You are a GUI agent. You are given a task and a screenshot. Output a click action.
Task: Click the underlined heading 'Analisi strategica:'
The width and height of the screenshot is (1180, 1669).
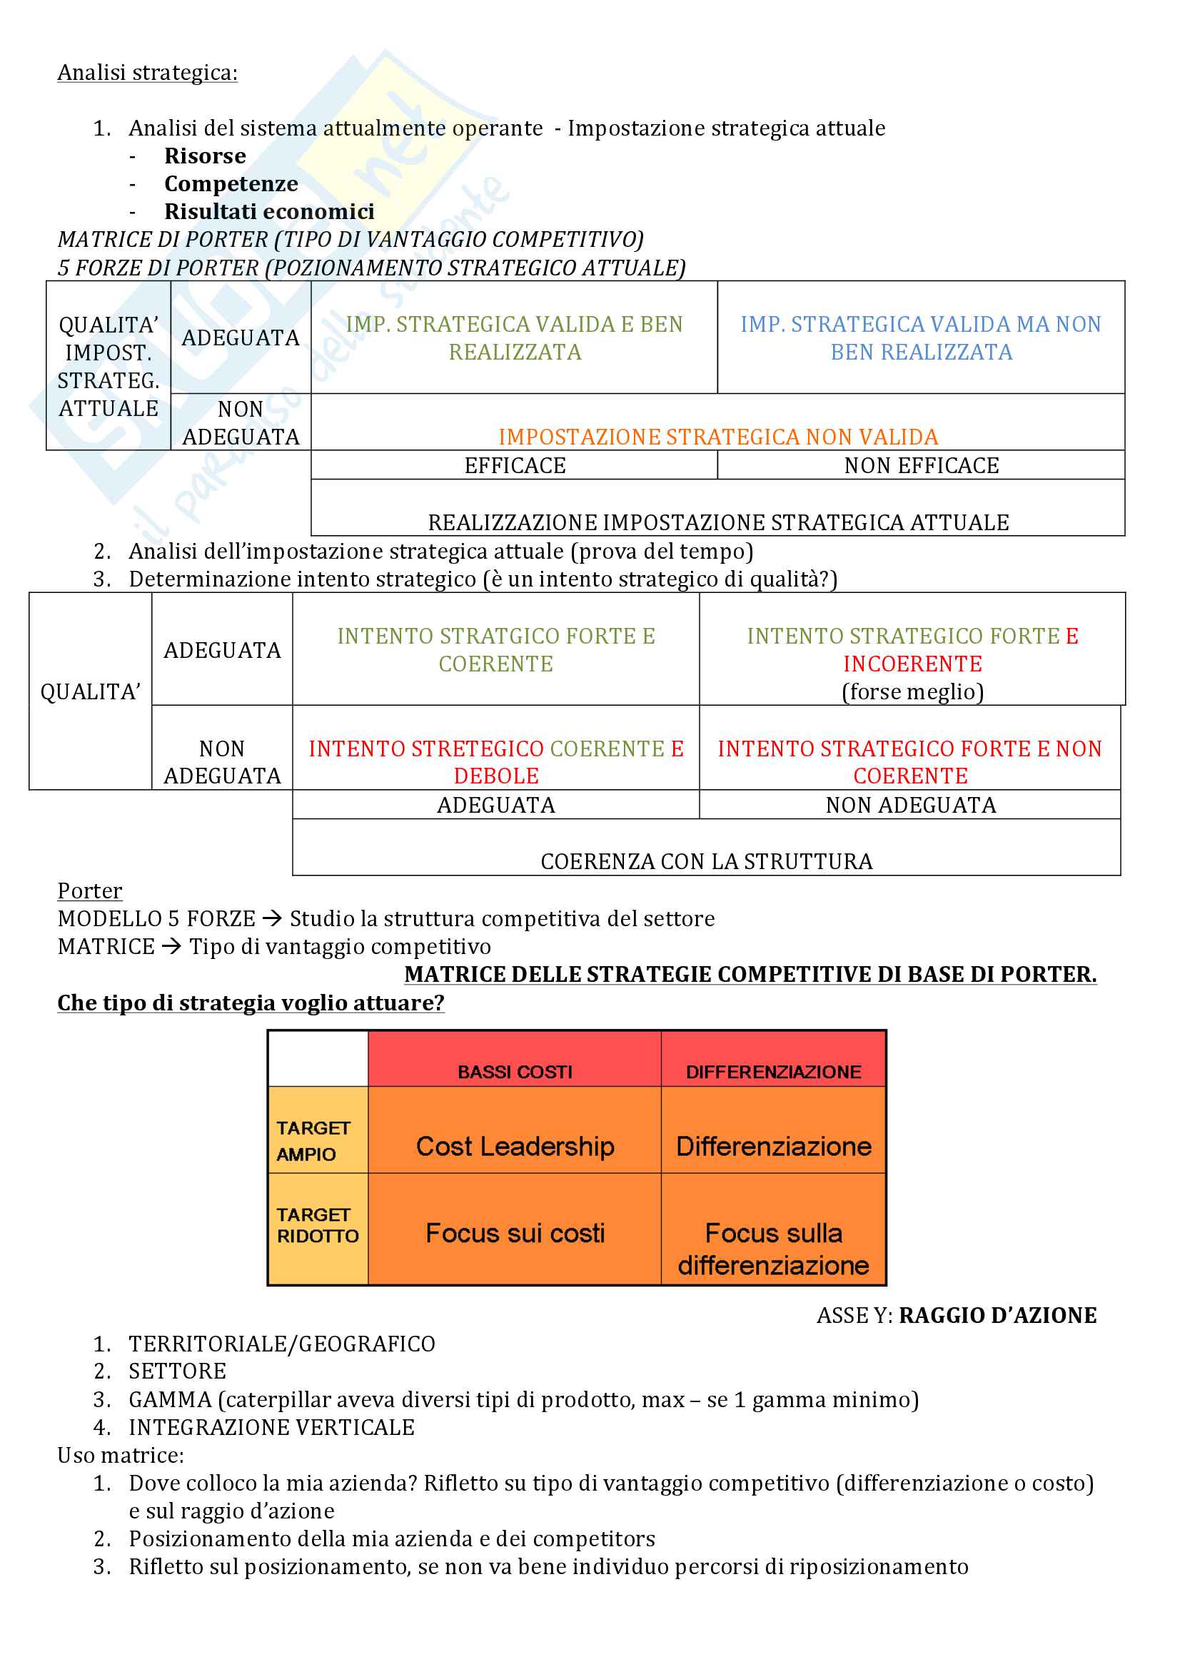(x=148, y=73)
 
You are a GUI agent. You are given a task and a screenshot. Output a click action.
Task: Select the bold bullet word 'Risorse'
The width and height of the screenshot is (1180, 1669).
(x=205, y=156)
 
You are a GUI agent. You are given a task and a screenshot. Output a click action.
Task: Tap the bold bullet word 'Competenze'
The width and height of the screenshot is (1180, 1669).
(x=231, y=184)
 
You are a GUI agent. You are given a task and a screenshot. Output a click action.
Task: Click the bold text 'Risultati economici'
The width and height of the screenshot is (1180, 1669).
(x=269, y=211)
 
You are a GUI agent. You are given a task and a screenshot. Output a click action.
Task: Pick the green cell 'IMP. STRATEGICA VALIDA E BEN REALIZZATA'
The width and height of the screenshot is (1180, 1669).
(x=514, y=338)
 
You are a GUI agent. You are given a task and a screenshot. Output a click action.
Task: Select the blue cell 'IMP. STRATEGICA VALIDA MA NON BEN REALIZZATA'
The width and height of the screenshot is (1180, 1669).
(x=920, y=338)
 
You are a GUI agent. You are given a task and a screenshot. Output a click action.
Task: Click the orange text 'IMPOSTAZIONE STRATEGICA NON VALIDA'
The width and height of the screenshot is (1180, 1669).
(x=717, y=437)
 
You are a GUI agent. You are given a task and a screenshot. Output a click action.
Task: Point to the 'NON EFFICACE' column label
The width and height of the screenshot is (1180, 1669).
(x=921, y=465)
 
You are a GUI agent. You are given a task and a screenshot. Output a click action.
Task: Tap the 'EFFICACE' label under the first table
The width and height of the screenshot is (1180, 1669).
(x=515, y=465)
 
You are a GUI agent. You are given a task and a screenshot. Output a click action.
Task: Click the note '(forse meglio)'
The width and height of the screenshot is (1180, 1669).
(x=912, y=691)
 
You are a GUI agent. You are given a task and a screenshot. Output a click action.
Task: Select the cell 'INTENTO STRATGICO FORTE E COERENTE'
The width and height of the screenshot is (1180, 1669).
(x=496, y=650)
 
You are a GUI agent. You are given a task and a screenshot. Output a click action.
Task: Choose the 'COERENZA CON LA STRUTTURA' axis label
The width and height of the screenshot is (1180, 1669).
(x=706, y=861)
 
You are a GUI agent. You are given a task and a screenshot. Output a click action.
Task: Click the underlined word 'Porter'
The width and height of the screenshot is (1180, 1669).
(x=90, y=891)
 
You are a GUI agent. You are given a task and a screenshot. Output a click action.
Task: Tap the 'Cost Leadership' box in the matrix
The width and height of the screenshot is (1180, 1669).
(x=515, y=1147)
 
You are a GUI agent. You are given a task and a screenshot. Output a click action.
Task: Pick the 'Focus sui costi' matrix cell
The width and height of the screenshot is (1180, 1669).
(x=515, y=1234)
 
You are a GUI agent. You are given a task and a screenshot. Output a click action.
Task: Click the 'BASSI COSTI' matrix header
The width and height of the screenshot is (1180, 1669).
(x=515, y=1072)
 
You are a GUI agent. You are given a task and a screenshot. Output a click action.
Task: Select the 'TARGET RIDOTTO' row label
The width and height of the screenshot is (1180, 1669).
(x=318, y=1225)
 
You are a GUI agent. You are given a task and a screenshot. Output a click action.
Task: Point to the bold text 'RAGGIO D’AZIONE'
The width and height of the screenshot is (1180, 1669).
(x=997, y=1316)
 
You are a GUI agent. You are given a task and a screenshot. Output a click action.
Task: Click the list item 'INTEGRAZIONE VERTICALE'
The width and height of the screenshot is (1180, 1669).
(x=271, y=1428)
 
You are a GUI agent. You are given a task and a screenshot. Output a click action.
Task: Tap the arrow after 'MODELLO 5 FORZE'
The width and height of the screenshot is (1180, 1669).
(x=272, y=919)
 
